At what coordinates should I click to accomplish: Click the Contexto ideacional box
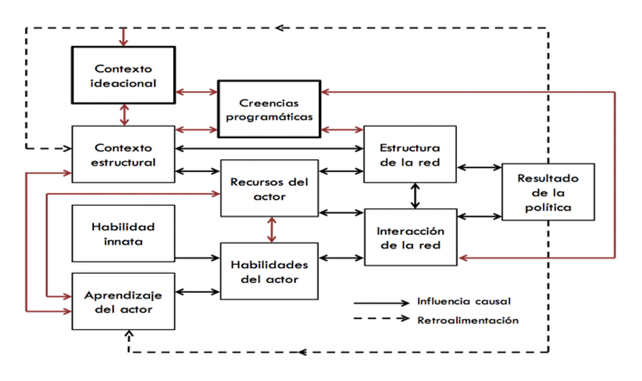tap(123, 75)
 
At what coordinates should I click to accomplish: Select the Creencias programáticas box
tap(269, 109)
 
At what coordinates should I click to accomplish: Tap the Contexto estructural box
tap(123, 154)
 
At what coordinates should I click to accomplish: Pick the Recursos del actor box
tap(269, 188)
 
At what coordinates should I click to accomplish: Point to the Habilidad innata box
tap(123, 233)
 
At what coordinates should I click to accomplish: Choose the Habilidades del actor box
tap(269, 272)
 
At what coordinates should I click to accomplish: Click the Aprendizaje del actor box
tap(123, 301)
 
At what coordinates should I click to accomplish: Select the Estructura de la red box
tap(409, 154)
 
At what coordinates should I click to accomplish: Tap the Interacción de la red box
tap(409, 237)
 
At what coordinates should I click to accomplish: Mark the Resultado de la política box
tap(547, 192)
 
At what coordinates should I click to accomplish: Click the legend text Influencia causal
tap(464, 302)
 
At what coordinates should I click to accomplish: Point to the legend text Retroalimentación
tap(468, 320)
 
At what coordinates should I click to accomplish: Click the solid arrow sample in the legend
tap(381, 303)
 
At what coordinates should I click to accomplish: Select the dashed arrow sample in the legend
tap(381, 319)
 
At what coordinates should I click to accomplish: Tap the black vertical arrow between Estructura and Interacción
tap(415, 195)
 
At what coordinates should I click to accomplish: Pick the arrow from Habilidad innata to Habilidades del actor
tap(197, 258)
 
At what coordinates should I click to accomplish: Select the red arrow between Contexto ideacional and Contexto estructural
tap(125, 114)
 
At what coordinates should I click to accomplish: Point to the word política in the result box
tap(547, 207)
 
